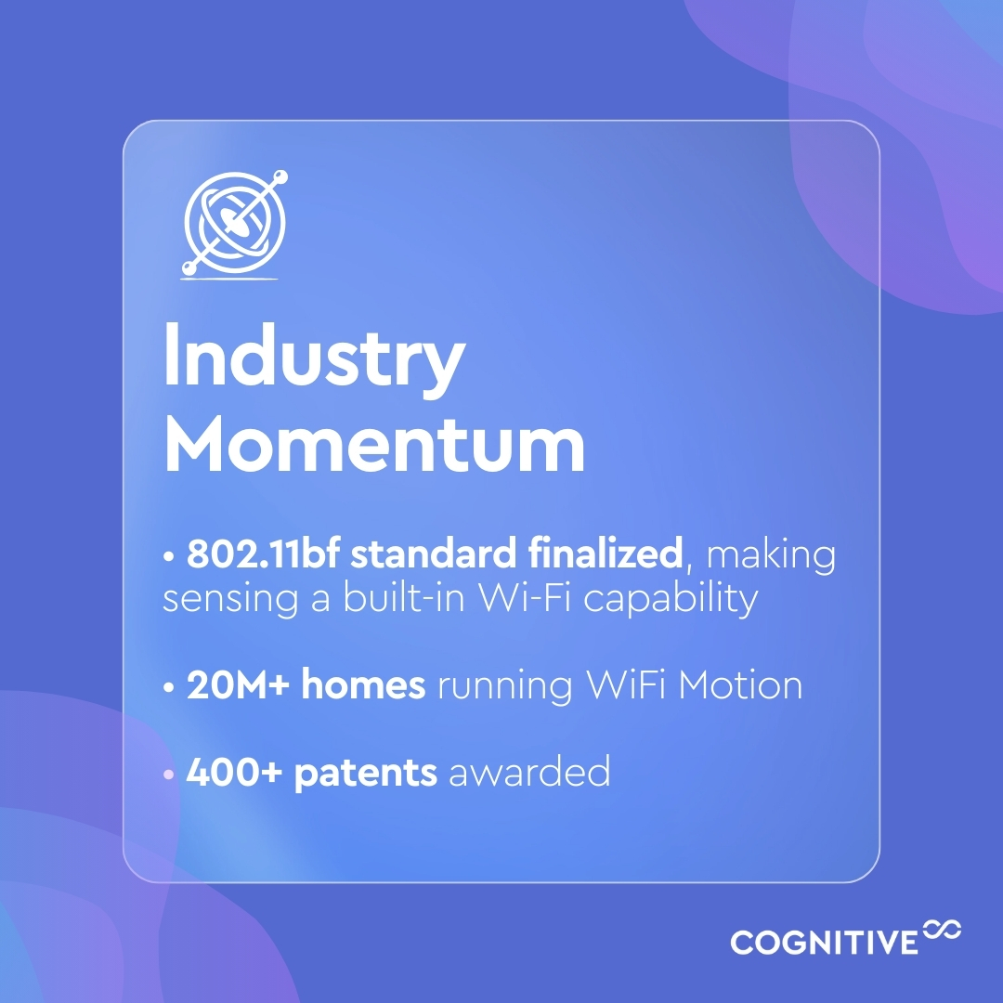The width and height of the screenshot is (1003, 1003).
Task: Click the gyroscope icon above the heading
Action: pos(236,223)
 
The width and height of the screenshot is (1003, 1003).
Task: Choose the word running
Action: pos(505,687)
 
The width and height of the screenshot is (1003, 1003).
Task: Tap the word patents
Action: pos(365,774)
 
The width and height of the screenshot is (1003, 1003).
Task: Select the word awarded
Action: pos(529,773)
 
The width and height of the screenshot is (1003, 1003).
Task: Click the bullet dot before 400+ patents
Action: pos(169,774)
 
